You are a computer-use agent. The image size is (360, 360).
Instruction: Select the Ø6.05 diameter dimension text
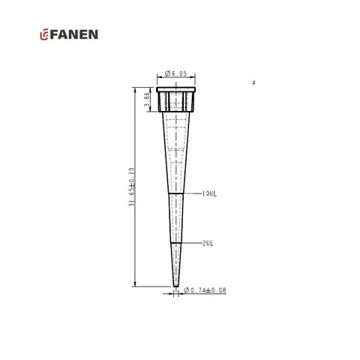point(178,74)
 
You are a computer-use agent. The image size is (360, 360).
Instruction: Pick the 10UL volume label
point(210,193)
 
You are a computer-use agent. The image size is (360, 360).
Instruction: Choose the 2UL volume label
point(209,243)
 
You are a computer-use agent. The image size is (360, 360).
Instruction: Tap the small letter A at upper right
point(254,82)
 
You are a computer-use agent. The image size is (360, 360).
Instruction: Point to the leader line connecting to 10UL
point(193,193)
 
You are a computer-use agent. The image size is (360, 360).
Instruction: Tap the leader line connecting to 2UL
point(191,243)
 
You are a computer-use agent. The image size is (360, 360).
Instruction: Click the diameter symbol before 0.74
point(187,290)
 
